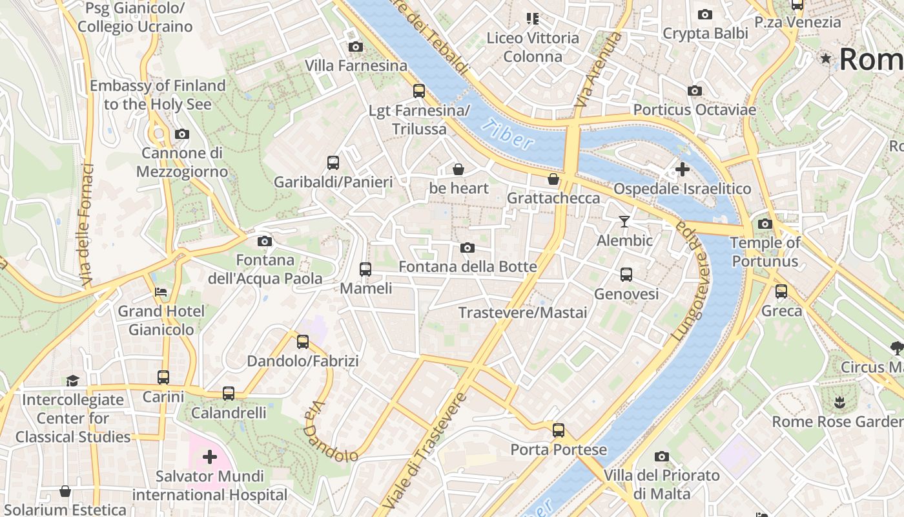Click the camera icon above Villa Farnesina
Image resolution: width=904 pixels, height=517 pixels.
tap(355, 47)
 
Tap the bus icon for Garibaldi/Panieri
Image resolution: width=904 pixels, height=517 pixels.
tap(333, 163)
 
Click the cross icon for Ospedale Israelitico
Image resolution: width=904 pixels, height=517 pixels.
tap(682, 169)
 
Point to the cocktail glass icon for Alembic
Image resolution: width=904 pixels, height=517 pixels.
tap(624, 222)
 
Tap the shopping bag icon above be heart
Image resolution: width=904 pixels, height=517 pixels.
tap(458, 169)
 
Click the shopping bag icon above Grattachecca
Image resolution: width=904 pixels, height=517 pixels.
tap(553, 179)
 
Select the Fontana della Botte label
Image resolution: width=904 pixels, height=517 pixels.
tap(467, 266)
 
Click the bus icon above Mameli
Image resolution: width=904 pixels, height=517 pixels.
tap(365, 269)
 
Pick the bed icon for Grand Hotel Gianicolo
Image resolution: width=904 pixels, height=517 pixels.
tap(161, 292)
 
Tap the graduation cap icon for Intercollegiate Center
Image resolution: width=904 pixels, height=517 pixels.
tap(72, 381)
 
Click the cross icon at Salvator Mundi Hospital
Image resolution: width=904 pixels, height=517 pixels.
tap(209, 458)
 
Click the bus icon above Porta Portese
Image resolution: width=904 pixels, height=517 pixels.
tap(559, 430)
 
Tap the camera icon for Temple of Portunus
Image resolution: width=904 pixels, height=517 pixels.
tap(765, 224)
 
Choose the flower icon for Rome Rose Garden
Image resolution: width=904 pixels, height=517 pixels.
tap(839, 403)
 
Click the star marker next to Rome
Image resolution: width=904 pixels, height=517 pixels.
tap(826, 59)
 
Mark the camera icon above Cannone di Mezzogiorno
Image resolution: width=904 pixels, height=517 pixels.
tap(182, 134)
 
